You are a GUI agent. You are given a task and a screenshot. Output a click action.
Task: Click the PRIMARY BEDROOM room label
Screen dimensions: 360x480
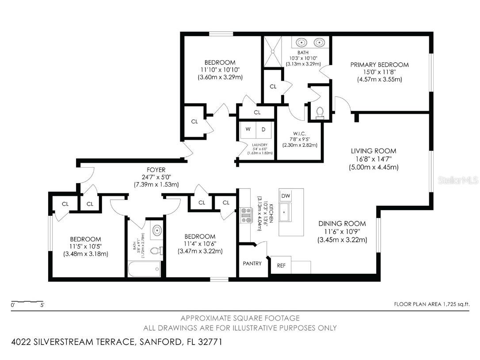click(x=379, y=65)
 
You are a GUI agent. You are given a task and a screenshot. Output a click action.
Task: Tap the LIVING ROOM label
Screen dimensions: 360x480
click(x=373, y=151)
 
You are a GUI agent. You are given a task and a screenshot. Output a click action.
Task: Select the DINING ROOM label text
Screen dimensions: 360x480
click(x=342, y=223)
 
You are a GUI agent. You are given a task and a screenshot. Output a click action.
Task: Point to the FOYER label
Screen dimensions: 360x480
click(x=156, y=169)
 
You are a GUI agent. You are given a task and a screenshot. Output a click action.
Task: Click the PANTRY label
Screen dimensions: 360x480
click(x=252, y=263)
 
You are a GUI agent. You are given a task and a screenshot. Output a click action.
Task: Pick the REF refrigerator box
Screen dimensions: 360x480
click(x=281, y=266)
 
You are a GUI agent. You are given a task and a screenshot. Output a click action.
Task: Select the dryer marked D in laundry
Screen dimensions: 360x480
click(x=263, y=130)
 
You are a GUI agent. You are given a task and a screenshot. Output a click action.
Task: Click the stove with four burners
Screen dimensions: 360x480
click(x=245, y=215)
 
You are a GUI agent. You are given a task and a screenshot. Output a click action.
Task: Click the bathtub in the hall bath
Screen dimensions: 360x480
click(x=144, y=268)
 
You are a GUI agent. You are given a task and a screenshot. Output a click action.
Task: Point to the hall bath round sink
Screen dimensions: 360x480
click(x=156, y=230)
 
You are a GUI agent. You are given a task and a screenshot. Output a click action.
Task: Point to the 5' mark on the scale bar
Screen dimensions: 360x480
click(x=42, y=305)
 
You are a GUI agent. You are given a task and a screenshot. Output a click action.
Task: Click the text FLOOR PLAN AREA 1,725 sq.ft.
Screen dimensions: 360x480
click(x=431, y=304)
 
